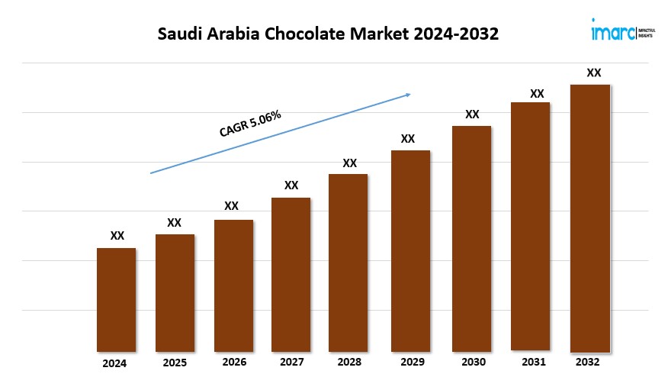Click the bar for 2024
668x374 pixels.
(x=116, y=299)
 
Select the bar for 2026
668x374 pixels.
(x=233, y=285)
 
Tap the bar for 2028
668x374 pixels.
(x=348, y=262)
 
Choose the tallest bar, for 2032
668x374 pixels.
(x=590, y=218)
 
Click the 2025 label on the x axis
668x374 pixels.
(x=175, y=363)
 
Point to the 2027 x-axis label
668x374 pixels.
(x=291, y=363)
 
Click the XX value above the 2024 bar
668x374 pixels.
(x=117, y=237)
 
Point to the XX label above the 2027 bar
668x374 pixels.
(x=291, y=185)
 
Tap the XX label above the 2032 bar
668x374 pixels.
(x=593, y=73)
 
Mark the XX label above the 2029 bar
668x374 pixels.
(x=408, y=139)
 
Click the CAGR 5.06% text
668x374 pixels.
(x=251, y=124)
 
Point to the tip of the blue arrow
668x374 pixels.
(x=410, y=94)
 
